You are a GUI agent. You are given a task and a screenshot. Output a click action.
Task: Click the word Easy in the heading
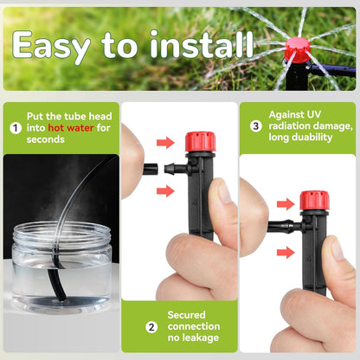(x=60, y=45)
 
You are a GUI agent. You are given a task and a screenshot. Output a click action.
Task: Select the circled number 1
(x=15, y=127)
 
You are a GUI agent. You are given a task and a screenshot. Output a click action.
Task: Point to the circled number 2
(x=151, y=326)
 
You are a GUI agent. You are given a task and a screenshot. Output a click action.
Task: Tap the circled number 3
(x=255, y=126)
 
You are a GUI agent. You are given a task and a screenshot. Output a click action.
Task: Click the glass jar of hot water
(x=61, y=266)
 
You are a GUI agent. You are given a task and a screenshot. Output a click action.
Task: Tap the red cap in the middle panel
(x=200, y=141)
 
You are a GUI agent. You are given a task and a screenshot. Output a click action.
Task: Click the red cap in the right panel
(x=313, y=201)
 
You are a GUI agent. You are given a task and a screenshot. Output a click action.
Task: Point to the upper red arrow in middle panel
(x=164, y=142)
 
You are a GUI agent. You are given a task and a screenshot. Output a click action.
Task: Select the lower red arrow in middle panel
(x=164, y=190)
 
